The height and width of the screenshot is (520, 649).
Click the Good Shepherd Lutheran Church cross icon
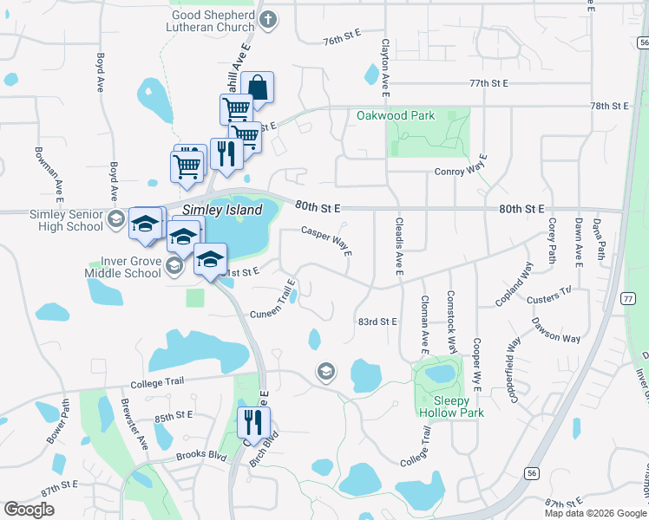click(x=269, y=19)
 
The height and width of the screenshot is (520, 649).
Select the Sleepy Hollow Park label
click(x=451, y=406)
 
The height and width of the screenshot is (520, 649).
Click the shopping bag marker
click(x=257, y=88)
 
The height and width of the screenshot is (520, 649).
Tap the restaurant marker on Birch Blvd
click(x=253, y=422)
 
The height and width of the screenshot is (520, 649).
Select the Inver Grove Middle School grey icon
click(x=174, y=264)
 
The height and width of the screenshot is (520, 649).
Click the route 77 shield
click(x=627, y=298)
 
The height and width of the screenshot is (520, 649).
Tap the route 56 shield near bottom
click(x=530, y=472)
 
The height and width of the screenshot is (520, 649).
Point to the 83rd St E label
click(x=377, y=322)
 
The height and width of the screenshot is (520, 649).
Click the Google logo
click(x=29, y=510)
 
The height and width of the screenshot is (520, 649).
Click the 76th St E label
click(x=342, y=41)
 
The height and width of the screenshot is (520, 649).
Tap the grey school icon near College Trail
click(x=326, y=372)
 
